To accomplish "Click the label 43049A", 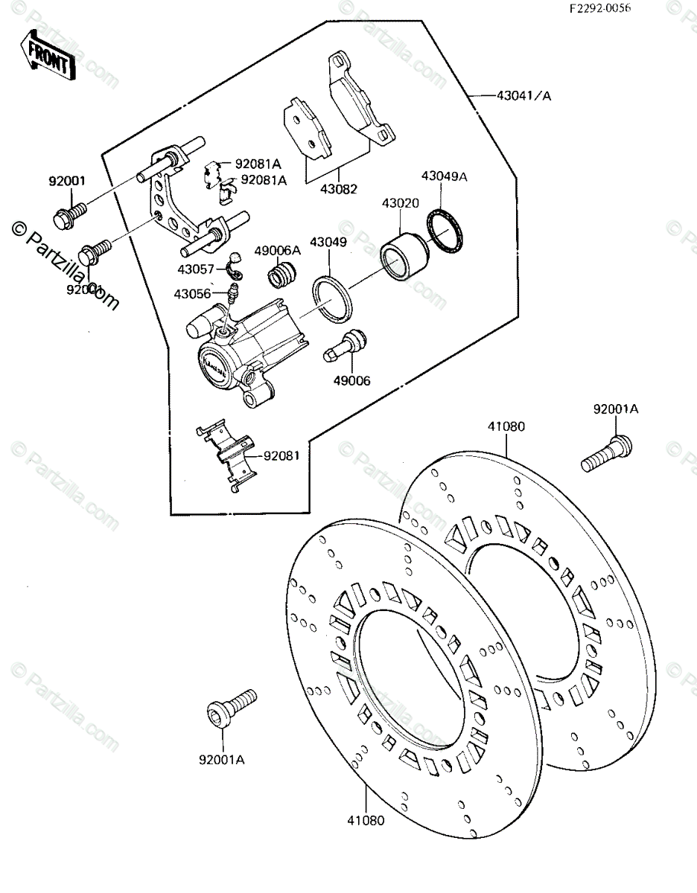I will pyautogui.click(x=445, y=176).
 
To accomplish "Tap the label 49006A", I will pyautogui.click(x=283, y=251).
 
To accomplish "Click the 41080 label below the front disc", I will pyautogui.click(x=368, y=822).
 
